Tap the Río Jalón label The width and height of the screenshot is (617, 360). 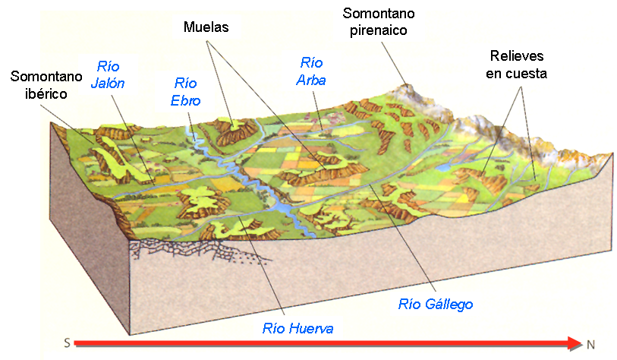tap(108, 74)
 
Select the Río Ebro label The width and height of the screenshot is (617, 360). tap(186, 90)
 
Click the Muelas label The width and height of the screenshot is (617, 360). tap(206, 28)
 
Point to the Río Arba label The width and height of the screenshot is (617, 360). tap(312, 71)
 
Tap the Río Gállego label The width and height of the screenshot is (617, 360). tap(436, 304)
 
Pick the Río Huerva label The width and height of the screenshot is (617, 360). tap(298, 328)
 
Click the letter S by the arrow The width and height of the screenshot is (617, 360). tap(68, 343)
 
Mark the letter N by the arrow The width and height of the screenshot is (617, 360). tap(590, 344)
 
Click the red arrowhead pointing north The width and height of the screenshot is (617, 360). tap(575, 343)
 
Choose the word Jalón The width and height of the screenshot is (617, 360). tap(108, 84)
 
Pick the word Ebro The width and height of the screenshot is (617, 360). tap(186, 99)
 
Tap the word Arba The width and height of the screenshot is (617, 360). tap(312, 80)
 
